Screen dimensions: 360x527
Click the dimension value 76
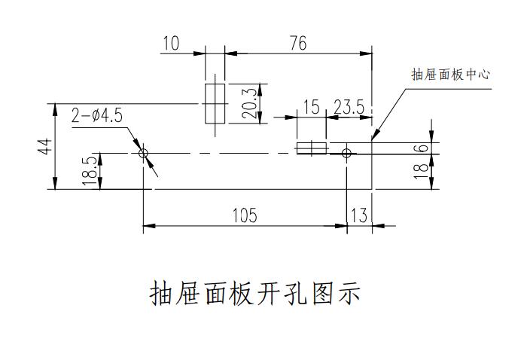pos(298,44)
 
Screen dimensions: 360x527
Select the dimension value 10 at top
pos(172,44)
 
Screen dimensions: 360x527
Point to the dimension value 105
pos(244,216)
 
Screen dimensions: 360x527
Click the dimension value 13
pos(359,216)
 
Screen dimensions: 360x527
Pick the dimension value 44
pos(45,146)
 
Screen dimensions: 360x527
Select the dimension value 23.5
pos(349,108)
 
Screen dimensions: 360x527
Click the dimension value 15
pos(311,108)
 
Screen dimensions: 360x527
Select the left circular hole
pos(143,154)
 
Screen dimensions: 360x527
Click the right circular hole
pos(346,154)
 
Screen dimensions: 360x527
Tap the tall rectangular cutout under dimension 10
pos(215,102)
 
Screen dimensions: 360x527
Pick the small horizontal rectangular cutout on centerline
pos(311,148)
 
